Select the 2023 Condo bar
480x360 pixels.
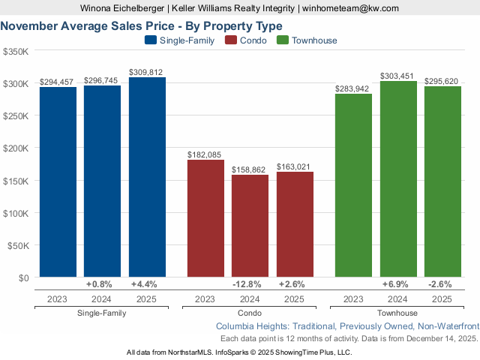tap(205, 218)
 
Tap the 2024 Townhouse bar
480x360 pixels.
tap(398, 179)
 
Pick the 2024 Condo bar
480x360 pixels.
tap(250, 226)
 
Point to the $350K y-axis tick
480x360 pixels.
tap(16, 52)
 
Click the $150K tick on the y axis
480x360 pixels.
tap(16, 181)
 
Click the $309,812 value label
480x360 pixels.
tap(147, 72)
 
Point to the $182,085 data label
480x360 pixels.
tap(205, 154)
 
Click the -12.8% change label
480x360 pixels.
tap(250, 284)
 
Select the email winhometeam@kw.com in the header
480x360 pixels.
tap(351, 7)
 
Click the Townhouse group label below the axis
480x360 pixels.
tap(397, 313)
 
